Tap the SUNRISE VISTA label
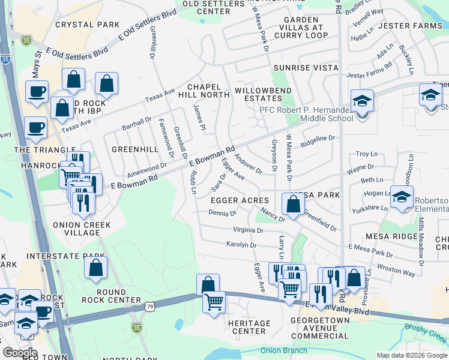pyautogui.click(x=305, y=68)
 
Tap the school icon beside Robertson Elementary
pyautogui.click(x=401, y=196)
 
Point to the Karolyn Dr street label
pyautogui.click(x=241, y=245)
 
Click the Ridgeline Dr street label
pyautogui.click(x=318, y=141)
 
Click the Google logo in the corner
pyautogui.click(x=19, y=353)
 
